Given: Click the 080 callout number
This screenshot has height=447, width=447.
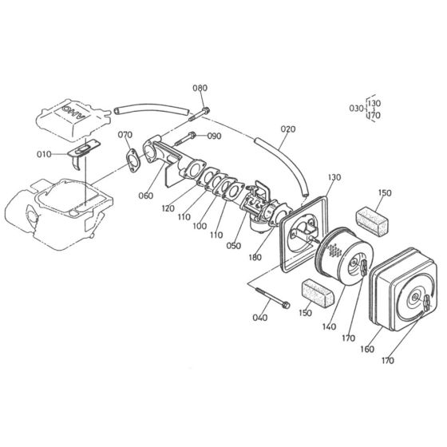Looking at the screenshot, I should (200, 88).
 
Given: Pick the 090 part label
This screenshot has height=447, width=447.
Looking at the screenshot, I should (214, 136).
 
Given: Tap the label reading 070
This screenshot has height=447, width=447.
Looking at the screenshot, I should (125, 135).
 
